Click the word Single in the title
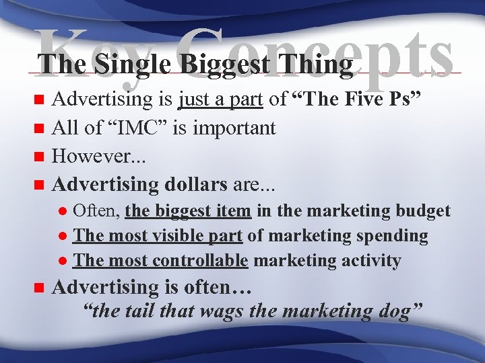click(129, 65)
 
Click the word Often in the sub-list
click(96, 211)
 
